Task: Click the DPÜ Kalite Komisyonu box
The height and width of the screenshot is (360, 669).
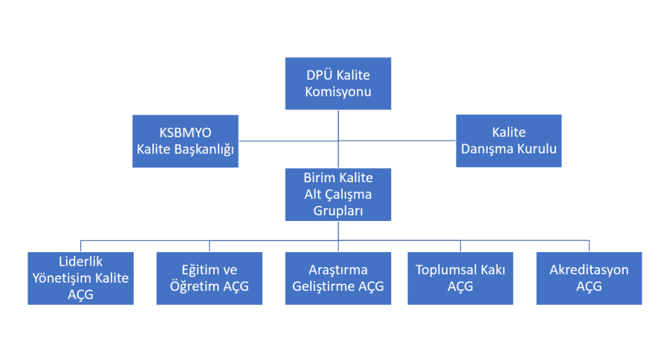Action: pyautogui.click(x=338, y=84)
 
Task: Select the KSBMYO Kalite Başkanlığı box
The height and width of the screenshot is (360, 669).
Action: pyautogui.click(x=185, y=141)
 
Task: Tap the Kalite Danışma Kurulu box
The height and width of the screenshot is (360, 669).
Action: pyautogui.click(x=508, y=141)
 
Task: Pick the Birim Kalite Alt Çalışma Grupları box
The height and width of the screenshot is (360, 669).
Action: pyautogui.click(x=338, y=194)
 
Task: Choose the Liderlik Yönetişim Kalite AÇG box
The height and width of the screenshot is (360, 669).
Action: pyautogui.click(x=80, y=278)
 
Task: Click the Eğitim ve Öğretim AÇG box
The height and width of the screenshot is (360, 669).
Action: pyautogui.click(x=209, y=278)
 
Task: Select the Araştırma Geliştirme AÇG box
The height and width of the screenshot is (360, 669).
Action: pyautogui.click(x=338, y=278)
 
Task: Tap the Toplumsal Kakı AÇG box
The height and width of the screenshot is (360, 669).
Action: pyautogui.click(x=460, y=278)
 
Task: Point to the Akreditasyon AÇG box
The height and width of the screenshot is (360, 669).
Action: pyautogui.click(x=589, y=278)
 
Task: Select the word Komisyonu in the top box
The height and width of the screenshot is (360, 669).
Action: pyautogui.click(x=338, y=93)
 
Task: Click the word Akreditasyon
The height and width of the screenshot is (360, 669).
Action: pyautogui.click(x=589, y=270)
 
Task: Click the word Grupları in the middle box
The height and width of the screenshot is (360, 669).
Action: pyautogui.click(x=338, y=210)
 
